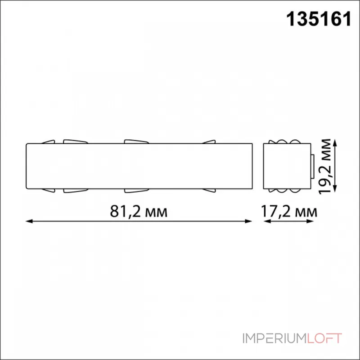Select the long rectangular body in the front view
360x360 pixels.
[139, 166]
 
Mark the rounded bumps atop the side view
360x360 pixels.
[287, 142]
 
